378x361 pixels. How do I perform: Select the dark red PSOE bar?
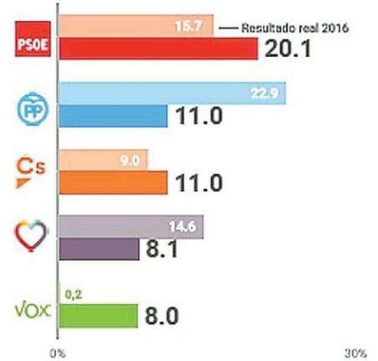158,49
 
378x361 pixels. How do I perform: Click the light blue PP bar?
173,94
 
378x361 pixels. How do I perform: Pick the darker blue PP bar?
113,116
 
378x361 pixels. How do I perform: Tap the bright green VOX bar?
99,316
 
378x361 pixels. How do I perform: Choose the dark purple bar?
99,248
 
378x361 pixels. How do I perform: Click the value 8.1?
162,249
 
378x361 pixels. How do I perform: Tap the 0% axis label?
58,352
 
